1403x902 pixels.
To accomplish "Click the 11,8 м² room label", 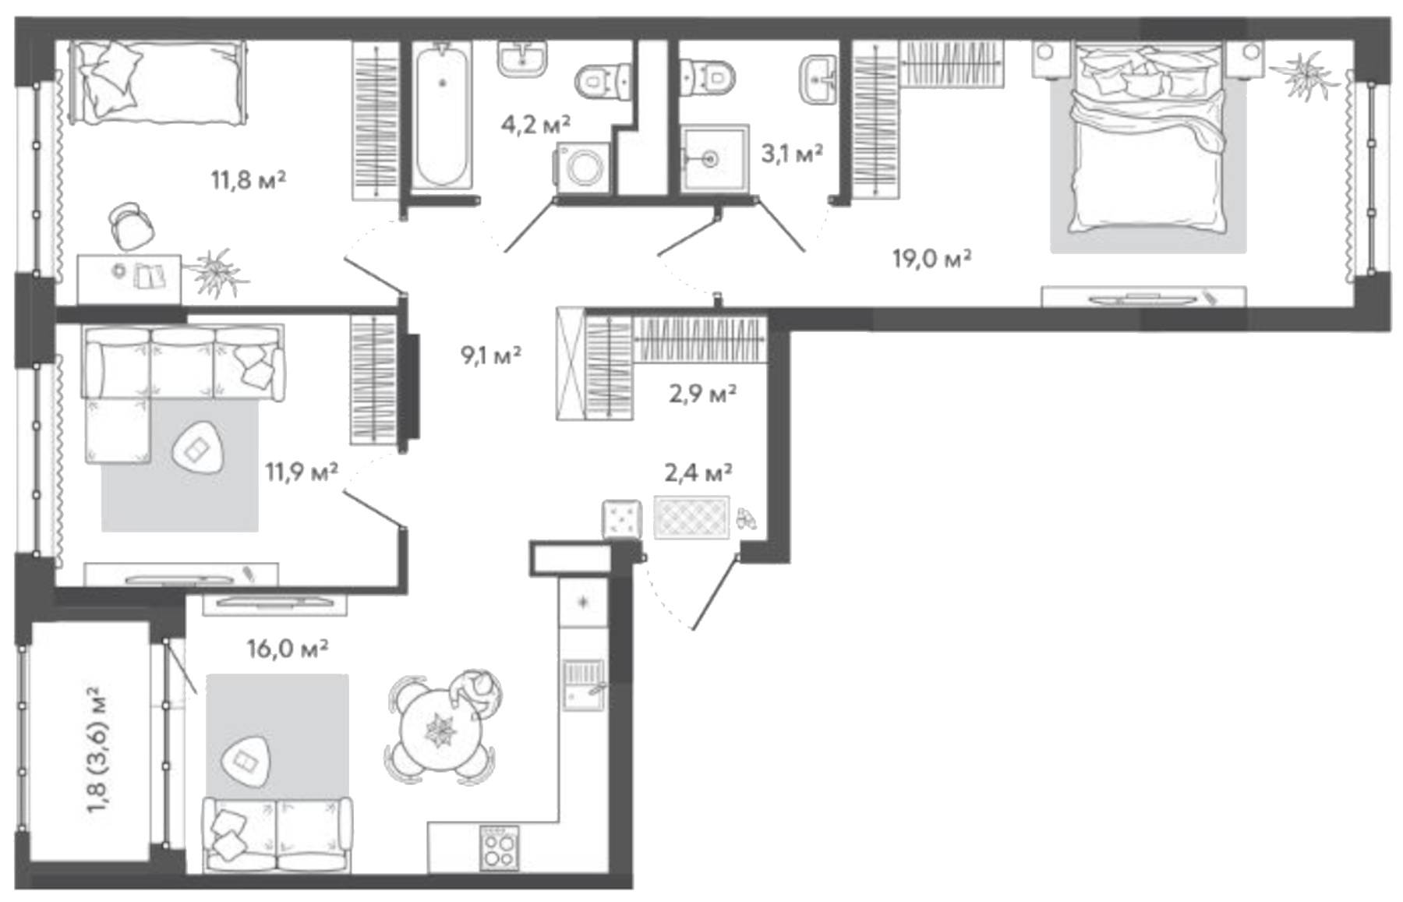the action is coord(249,180).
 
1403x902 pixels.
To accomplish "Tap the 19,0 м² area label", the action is coord(931,258).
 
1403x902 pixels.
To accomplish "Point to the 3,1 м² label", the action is coord(792,153).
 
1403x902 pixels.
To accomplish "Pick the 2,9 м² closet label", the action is coord(702,394).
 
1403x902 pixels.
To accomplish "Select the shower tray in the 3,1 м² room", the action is coord(713,158).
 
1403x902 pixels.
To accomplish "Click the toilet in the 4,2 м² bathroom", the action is coord(602,80).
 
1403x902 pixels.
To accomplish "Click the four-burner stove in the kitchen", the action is coord(499,847).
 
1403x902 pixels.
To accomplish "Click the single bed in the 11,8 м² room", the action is coord(157,82).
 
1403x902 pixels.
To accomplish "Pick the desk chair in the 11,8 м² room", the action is coord(130,225).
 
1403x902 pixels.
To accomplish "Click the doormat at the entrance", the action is coord(691,516).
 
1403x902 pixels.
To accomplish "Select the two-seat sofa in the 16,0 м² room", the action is coord(276,835).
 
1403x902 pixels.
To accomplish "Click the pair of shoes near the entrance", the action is coord(745,519).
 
